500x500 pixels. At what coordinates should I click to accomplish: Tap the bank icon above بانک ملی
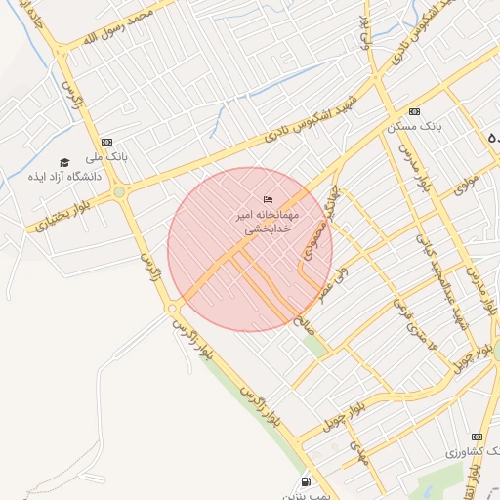click(106, 143)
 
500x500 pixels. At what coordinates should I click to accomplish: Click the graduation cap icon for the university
click(64, 163)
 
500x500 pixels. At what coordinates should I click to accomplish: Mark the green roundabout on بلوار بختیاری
click(119, 192)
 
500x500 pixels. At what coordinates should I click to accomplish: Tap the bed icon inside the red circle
click(269, 200)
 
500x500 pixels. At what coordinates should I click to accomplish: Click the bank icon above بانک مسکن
click(415, 112)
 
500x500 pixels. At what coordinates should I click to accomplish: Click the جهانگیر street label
click(335, 208)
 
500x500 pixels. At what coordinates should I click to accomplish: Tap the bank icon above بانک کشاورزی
click(477, 437)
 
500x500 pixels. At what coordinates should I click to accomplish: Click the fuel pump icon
click(307, 481)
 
